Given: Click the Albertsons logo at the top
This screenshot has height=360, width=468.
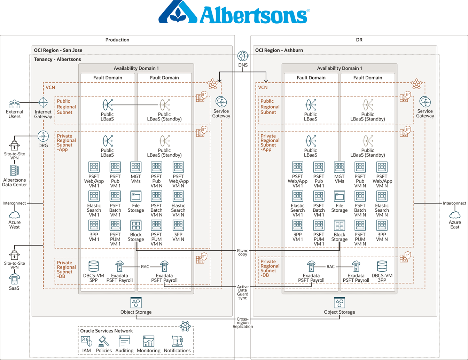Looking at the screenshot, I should tap(234, 13).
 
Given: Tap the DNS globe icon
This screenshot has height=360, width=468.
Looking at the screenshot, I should tap(243, 56).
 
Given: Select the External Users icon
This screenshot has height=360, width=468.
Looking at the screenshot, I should tap(14, 104).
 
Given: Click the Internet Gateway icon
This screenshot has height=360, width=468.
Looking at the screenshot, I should tap(43, 103).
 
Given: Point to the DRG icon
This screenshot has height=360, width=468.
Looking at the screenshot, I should tap(43, 136).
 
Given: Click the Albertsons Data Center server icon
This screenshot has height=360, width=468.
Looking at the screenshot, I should tap(14, 171).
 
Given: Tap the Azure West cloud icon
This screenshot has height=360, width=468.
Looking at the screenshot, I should tap(14, 214).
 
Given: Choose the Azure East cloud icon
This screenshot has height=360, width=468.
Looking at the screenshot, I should tap(455, 214).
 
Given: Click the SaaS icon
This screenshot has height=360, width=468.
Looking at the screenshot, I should tap(14, 279).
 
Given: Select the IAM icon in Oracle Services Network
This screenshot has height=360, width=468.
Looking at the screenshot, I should tap(86, 341).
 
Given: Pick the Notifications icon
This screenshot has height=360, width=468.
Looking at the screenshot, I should tap(177, 341).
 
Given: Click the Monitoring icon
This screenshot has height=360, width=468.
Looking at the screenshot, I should tap(149, 341).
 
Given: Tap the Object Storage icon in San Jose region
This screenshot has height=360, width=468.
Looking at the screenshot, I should tap(136, 303).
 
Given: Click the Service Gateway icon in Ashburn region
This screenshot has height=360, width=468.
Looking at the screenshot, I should tap(425, 102).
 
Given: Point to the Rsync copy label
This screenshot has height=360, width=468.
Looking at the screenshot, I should tap(243, 252).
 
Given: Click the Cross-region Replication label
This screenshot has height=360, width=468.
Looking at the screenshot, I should tap(243, 323).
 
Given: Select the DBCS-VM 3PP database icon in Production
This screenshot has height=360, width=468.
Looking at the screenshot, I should tap(93, 266).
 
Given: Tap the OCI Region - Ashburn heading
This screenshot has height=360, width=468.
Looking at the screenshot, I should tap(279, 50).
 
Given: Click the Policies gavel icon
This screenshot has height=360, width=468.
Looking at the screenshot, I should tap(104, 341).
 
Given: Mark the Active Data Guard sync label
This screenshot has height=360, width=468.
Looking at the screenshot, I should tap(243, 292).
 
